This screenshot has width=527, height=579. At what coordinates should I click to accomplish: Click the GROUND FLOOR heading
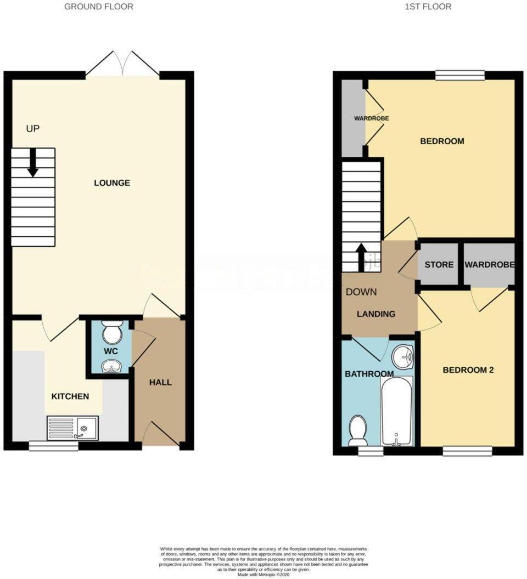coord(99,7)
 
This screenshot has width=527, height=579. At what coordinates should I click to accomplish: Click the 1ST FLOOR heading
coord(429,7)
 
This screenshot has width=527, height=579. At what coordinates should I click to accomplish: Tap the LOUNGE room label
coord(112,183)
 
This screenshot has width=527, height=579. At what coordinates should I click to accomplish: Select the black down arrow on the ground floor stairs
coord(33,163)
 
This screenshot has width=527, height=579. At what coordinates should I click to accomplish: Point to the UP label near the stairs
coord(33,129)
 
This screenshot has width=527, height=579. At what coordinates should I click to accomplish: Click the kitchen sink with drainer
coord(72,427)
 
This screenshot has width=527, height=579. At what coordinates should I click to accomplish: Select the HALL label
coord(160,382)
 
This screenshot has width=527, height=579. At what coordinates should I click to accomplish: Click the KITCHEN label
coord(70,396)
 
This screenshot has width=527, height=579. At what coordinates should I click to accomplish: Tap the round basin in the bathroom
coord(403,357)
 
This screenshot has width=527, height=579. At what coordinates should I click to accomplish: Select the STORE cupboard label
coord(439,264)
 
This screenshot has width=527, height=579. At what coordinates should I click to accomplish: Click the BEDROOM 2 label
coord(468,370)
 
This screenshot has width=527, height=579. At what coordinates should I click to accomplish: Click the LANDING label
coord(376,314)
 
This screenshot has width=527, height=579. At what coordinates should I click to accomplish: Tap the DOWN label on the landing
coord(361,292)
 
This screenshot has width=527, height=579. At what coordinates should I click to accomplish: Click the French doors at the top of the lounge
coord(123,64)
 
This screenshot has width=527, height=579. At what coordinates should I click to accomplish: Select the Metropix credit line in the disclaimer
coord(263,574)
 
